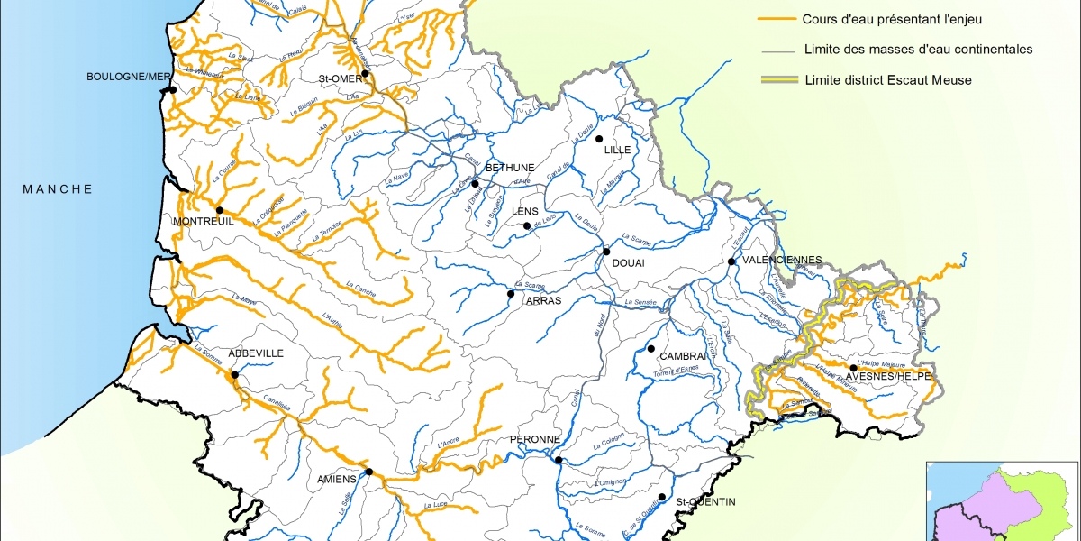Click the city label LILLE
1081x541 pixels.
(617, 150)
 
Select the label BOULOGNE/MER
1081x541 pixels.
(128, 77)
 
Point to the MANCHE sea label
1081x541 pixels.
(58, 188)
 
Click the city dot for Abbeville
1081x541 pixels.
(234, 375)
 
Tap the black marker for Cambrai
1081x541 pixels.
(650, 348)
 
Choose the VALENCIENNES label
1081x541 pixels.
(780, 261)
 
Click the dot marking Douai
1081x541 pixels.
(607, 252)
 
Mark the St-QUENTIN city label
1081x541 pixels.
(706, 501)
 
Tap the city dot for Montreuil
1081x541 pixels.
(219, 210)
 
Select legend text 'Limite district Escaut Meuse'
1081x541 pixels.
(888, 79)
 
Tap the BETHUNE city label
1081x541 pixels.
(510, 168)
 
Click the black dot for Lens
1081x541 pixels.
(527, 226)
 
